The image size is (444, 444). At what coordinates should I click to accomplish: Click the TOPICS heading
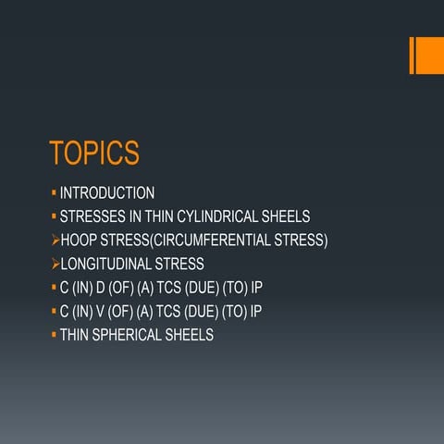click(x=93, y=152)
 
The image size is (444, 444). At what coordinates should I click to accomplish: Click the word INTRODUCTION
click(x=107, y=193)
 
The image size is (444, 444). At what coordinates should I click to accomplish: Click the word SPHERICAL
click(x=132, y=335)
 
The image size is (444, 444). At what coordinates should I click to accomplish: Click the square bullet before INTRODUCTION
click(x=54, y=193)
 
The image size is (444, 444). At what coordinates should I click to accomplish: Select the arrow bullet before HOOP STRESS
click(x=54, y=240)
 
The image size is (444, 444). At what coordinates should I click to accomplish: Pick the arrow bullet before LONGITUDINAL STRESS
click(x=54, y=265)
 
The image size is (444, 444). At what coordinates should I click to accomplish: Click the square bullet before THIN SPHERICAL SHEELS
click(x=54, y=335)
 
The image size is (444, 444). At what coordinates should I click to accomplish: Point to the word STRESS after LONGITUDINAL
click(x=180, y=265)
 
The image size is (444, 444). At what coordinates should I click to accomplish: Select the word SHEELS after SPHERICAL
click(x=191, y=335)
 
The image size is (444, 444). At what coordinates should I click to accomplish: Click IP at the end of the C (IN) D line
click(x=257, y=288)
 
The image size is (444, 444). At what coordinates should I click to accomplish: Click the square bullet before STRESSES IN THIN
click(x=54, y=217)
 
